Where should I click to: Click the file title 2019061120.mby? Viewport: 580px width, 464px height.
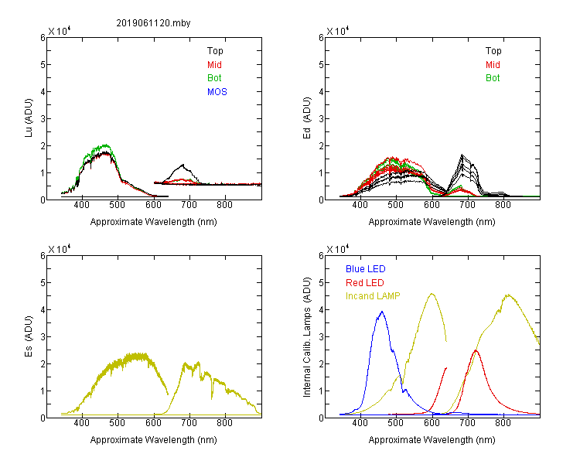point(153,23)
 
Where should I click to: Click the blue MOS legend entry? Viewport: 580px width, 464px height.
point(217,92)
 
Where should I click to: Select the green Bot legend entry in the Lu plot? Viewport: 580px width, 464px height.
point(214,78)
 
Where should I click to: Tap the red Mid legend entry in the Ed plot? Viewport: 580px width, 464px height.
point(493,65)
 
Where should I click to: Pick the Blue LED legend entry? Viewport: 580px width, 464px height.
point(366,269)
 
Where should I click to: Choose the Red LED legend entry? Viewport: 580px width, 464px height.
point(365,283)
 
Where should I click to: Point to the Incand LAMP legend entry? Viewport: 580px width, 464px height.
point(373,296)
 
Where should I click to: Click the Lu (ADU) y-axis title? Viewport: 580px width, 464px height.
point(29,118)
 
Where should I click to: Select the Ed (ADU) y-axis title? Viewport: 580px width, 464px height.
point(307,118)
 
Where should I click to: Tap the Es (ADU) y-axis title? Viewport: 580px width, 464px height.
point(29,336)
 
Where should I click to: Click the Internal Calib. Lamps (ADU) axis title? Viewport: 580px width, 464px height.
point(307,337)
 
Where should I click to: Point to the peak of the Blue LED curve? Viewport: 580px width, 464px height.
point(382,312)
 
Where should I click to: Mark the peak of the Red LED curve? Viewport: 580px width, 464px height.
point(476,350)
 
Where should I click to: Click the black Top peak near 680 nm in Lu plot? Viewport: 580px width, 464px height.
point(183,165)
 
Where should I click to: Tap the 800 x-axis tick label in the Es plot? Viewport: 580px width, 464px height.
point(224,422)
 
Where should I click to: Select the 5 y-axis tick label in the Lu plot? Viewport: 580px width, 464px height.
point(43,65)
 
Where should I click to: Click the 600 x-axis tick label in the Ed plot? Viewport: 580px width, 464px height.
point(432,205)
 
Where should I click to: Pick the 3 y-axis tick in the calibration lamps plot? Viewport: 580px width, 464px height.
point(321,336)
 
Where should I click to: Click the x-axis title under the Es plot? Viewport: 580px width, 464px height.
point(154,440)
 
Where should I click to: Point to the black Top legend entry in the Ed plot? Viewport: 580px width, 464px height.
point(493,51)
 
